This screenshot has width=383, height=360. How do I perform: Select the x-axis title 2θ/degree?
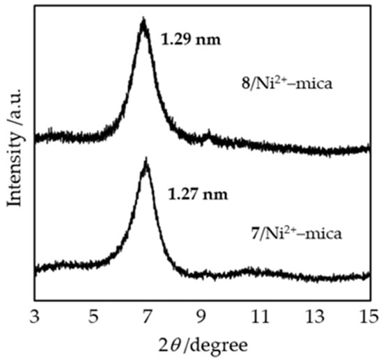203,345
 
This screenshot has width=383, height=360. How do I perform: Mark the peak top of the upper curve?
143,22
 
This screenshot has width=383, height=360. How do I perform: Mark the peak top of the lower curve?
146,162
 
